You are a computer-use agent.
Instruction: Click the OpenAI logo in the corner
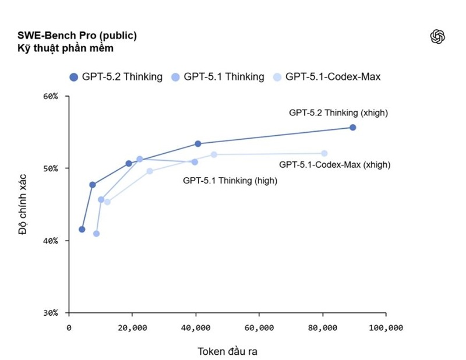(x=437, y=37)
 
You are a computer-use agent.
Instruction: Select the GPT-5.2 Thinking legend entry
(x=116, y=77)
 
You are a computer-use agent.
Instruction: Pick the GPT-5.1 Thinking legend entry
(x=218, y=77)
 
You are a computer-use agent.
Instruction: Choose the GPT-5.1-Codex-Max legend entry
(x=327, y=77)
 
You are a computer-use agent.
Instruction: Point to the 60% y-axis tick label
(x=51, y=96)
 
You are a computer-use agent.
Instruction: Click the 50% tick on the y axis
(x=51, y=168)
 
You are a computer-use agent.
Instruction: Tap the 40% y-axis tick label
(x=51, y=241)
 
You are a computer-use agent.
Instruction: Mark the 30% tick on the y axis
(x=51, y=313)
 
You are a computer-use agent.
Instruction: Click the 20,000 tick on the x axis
(x=132, y=328)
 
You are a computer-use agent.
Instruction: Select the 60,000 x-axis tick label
(x=259, y=328)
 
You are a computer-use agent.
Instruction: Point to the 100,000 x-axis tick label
(x=386, y=328)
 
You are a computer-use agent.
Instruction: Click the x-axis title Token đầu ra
(x=227, y=351)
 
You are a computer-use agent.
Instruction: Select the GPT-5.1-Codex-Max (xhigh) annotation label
(x=334, y=165)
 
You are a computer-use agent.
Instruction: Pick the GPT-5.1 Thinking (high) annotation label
(x=230, y=181)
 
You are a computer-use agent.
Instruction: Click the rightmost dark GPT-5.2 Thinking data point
(x=352, y=128)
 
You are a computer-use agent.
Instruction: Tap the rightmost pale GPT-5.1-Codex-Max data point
(x=324, y=153)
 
